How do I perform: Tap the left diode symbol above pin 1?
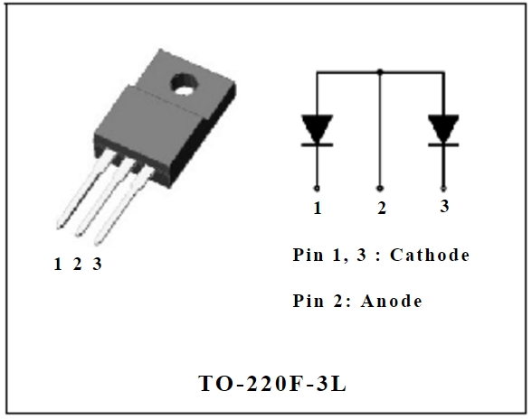[x=317, y=130]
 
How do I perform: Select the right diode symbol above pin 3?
[x=443, y=130]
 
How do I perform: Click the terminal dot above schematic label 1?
[x=317, y=188]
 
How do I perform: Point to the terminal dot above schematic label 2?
[x=381, y=188]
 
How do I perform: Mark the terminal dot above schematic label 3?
[x=443, y=188]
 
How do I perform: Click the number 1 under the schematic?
[x=318, y=209]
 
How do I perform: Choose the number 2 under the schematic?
[x=382, y=209]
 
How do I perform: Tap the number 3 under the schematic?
[x=444, y=207]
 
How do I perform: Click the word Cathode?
[x=430, y=256]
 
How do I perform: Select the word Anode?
[x=392, y=301]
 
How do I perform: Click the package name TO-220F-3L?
[x=272, y=383]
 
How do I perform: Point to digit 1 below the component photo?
[x=58, y=265]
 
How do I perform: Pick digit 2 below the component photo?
[x=78, y=265]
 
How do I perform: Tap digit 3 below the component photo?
[x=97, y=265]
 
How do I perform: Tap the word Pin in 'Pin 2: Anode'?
[x=309, y=301]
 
